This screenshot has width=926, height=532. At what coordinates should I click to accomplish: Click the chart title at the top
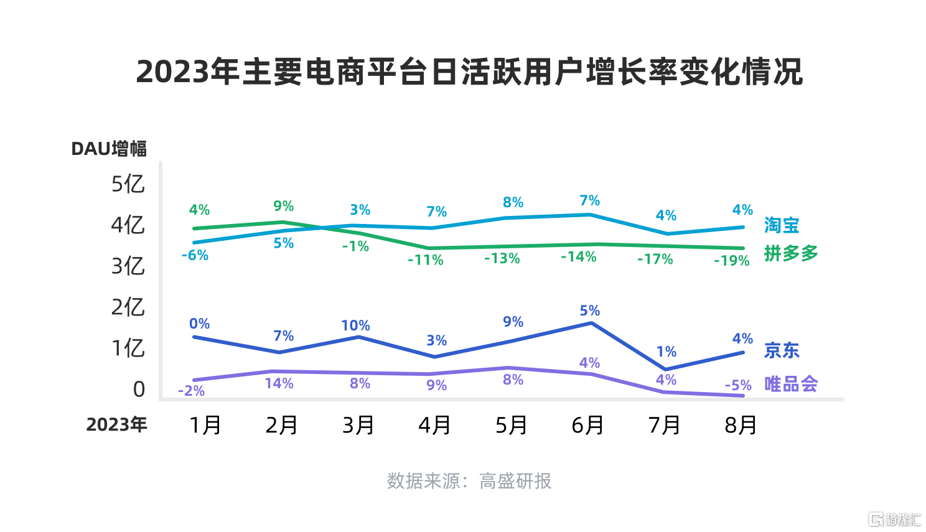pos(469,72)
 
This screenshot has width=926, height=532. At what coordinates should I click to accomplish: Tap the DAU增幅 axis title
pos(109,149)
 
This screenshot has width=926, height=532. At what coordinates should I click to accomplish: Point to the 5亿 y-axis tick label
pos(128,184)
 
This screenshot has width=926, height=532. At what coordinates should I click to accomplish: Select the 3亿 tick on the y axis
pos(128,266)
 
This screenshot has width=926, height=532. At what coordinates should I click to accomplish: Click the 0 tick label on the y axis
pos(139,390)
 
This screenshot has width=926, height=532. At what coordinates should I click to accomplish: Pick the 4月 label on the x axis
pos(434,425)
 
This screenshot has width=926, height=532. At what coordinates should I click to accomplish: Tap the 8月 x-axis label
pos(741,425)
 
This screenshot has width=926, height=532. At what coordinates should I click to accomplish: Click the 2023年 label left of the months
pos(116,424)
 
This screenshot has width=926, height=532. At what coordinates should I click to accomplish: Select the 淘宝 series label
pos(782,225)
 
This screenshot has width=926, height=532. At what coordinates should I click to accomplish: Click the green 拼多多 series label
pos(791,253)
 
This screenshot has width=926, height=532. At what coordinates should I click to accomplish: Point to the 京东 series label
pos(782,350)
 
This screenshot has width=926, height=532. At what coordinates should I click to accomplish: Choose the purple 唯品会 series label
pos(791,384)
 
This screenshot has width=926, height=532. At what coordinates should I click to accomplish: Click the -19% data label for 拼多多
pos(732,261)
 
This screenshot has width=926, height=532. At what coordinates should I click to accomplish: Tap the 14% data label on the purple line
pos(279,384)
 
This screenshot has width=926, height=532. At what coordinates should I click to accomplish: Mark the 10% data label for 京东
pos(355,325)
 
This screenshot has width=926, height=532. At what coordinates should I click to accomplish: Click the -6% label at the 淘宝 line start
pos(195,256)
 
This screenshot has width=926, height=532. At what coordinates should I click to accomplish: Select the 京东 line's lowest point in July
pos(665,369)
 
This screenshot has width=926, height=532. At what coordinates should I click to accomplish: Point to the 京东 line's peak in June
pos(591,323)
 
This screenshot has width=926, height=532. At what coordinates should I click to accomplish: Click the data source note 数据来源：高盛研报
pos(469,481)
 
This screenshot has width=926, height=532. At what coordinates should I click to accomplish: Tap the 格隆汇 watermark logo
pos(895,519)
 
